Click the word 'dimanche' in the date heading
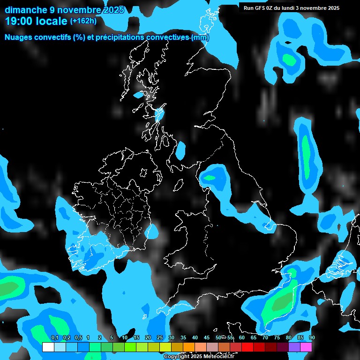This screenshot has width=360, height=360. click(x=25, y=10)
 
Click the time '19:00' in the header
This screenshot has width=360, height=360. click(x=20, y=21)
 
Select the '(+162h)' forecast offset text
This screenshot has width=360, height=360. click(x=83, y=21)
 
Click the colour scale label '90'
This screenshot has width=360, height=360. click(x=312, y=338)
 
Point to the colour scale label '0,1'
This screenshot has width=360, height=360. click(x=54, y=338)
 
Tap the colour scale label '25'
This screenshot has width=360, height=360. click(x=159, y=338)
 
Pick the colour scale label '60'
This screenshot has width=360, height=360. click(x=241, y=338)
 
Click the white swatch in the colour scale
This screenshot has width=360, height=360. click(x=48, y=347)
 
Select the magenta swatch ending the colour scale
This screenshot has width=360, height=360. click(x=306, y=347)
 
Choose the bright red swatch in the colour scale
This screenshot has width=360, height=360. click(x=247, y=347)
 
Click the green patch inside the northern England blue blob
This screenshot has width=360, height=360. click(x=210, y=178)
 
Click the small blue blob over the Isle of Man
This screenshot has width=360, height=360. click(x=180, y=150)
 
